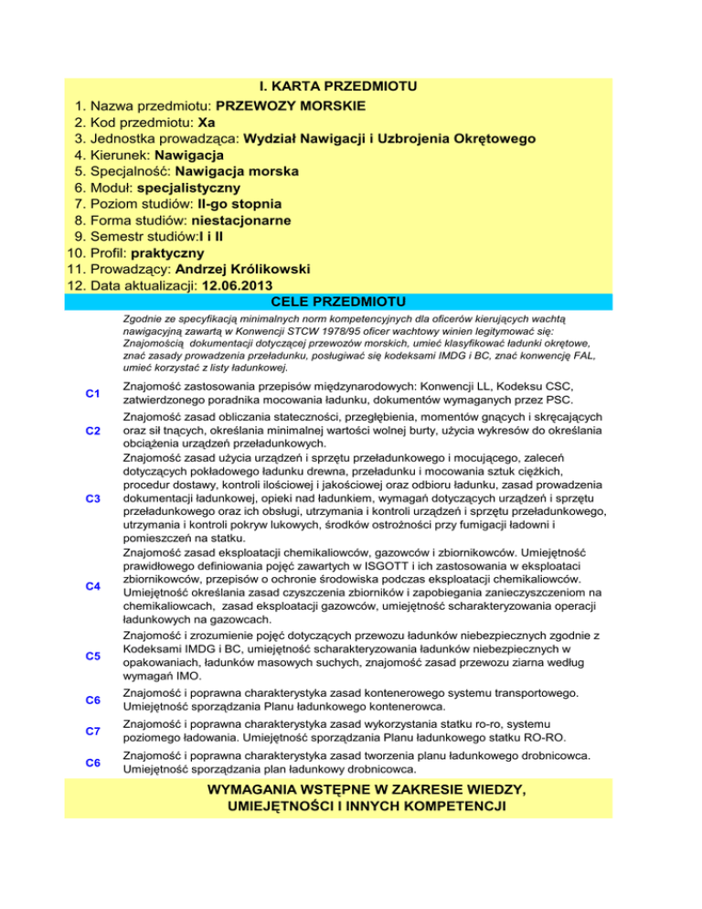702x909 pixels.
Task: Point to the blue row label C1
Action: [92, 393]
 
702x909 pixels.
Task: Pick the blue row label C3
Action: [92, 497]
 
